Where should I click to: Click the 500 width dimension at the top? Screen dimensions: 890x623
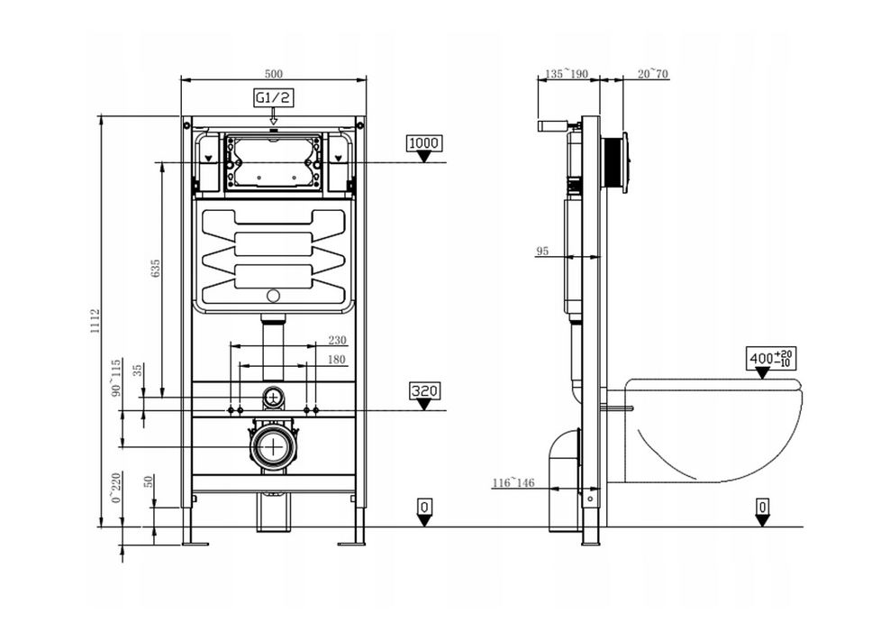273,74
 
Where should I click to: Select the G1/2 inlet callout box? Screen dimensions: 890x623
273,97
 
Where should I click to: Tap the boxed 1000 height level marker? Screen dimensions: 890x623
424,143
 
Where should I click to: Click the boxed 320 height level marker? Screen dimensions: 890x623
424,391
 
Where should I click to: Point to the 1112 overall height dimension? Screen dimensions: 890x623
95,321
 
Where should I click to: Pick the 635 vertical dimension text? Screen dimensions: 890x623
156,268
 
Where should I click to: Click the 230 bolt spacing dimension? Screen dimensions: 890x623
337,340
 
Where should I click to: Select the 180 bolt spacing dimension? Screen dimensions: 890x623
337,360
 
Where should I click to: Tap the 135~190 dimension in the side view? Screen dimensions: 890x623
567,74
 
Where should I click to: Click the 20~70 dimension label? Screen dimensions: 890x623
653,74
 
